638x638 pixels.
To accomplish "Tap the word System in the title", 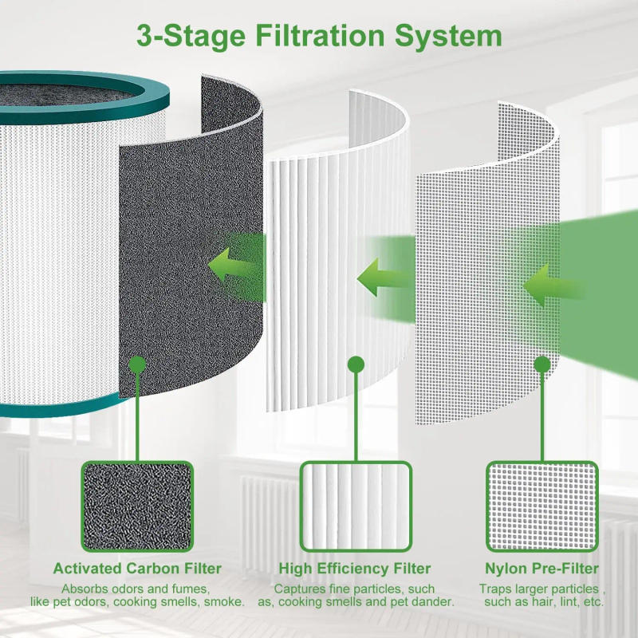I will pos(450,36).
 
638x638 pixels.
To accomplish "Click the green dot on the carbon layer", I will pos(136,364).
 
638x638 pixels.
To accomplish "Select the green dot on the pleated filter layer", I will pos(354,364).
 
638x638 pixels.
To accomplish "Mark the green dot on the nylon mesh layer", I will pos(542,364).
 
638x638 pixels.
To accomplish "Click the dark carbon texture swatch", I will pos(136,506).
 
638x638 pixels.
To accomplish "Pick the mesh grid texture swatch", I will pos(542,506).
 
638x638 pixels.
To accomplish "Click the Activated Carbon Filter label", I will pos(137,569).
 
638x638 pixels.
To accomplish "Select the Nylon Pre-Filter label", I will pos(542,569).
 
